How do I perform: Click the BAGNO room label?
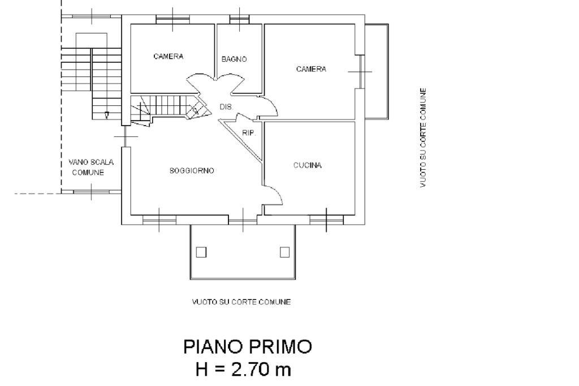point(234,59)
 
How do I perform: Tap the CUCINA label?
point(307,165)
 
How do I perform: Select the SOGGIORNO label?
point(192,171)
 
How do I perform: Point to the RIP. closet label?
point(249,133)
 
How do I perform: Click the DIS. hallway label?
point(226,107)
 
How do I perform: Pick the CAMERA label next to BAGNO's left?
point(168,56)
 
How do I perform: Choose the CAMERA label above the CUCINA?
point(311,69)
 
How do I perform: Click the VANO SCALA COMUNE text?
point(91,167)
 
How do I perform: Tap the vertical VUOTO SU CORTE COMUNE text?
point(423,138)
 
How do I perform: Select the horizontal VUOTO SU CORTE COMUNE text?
point(241,302)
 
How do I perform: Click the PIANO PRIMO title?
point(248,347)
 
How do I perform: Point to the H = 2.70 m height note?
point(243,369)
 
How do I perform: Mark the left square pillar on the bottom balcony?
point(201,252)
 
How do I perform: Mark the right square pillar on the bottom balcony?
point(284,252)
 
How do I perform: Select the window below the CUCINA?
point(326,220)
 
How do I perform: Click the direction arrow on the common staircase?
point(107,115)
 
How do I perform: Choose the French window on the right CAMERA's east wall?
point(361,72)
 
